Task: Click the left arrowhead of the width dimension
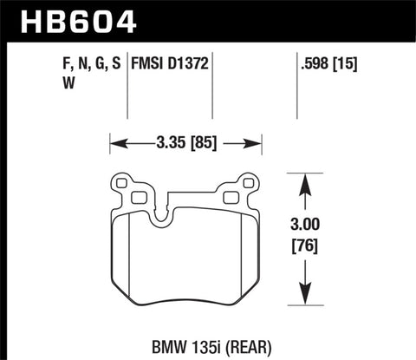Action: click(x=114, y=139)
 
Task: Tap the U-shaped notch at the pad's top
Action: click(x=160, y=213)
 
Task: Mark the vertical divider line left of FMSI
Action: click(x=128, y=87)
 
